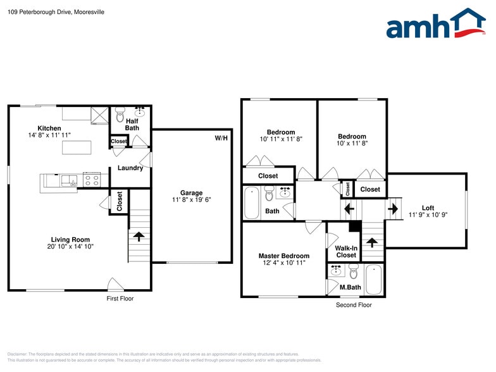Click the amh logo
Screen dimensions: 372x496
click(x=436, y=24)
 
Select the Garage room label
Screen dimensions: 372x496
click(x=191, y=193)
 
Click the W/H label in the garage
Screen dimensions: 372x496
click(x=221, y=138)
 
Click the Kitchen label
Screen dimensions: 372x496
click(x=49, y=128)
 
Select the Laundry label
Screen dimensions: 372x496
click(x=130, y=168)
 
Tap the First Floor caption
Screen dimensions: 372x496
click(x=120, y=299)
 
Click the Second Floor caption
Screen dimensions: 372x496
click(x=353, y=305)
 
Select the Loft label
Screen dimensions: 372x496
click(x=428, y=208)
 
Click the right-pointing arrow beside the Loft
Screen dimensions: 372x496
click(x=392, y=208)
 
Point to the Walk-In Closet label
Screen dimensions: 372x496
click(x=345, y=251)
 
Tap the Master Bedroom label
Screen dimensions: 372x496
click(x=283, y=256)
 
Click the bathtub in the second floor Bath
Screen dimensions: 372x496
click(x=251, y=202)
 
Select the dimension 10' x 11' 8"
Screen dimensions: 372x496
click(x=352, y=144)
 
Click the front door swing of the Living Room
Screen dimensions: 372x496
click(x=115, y=284)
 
